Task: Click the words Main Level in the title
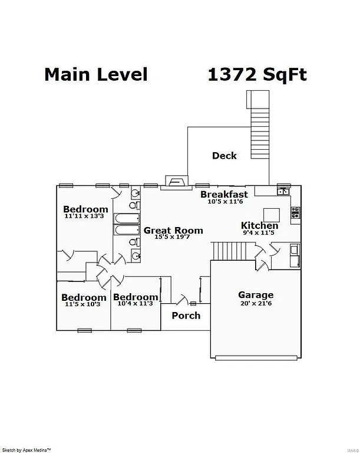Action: click(x=95, y=75)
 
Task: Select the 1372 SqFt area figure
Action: click(x=257, y=75)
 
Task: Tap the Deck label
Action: click(x=224, y=156)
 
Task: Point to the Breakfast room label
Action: click(x=224, y=194)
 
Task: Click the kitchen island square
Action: click(x=271, y=215)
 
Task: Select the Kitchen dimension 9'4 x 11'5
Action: click(x=259, y=232)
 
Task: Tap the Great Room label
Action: click(x=173, y=231)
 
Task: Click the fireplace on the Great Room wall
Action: click(x=176, y=181)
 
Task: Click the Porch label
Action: click(x=186, y=316)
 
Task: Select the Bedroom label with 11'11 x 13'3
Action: click(x=85, y=209)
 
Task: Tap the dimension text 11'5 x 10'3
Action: click(x=83, y=304)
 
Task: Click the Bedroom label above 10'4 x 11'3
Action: click(x=136, y=297)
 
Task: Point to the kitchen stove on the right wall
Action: click(x=295, y=211)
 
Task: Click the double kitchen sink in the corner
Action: click(x=283, y=191)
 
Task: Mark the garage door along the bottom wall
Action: click(x=256, y=357)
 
